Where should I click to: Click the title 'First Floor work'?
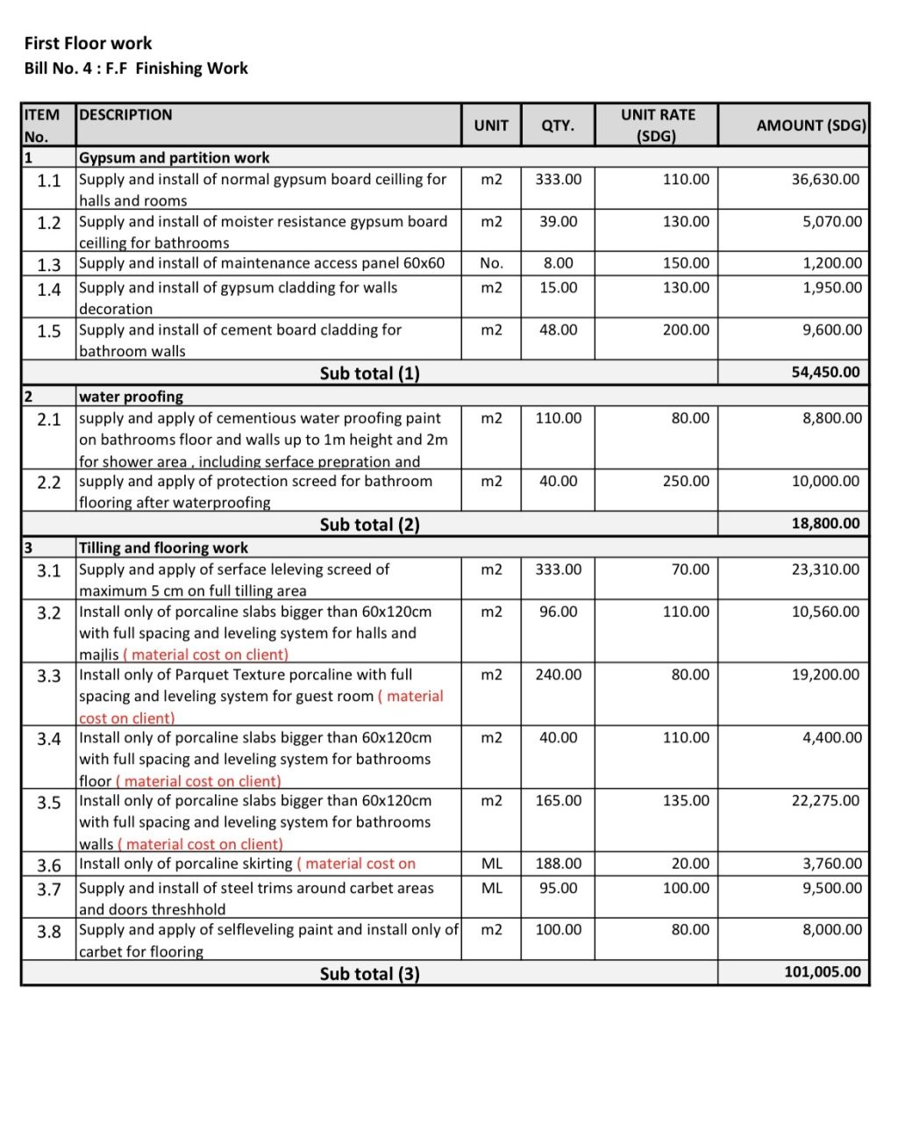coord(88,43)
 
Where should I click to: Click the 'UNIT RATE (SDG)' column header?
coord(658,125)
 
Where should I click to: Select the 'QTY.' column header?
coord(558,125)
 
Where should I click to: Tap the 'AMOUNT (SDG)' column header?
coord(810,125)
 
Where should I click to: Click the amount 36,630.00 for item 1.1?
coord(826,179)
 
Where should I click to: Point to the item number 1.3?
coord(49,265)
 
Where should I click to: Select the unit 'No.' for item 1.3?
coord(492,263)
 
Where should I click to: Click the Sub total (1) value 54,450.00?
coord(826,372)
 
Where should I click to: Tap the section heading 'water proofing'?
coord(131,397)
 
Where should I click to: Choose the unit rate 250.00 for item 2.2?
coord(686,481)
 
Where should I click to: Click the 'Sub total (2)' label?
coord(369,525)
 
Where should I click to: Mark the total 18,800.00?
coord(826,524)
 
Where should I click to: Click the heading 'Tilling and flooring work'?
coord(163,547)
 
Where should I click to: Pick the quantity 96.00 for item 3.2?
coord(559,612)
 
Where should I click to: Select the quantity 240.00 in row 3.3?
coord(559,675)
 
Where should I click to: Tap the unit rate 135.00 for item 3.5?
coord(686,800)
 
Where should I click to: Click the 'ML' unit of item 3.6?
coord(492,864)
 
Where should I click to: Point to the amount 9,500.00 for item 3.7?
coord(832,888)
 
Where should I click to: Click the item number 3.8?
coord(49,931)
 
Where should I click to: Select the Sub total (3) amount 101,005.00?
coord(823,972)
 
